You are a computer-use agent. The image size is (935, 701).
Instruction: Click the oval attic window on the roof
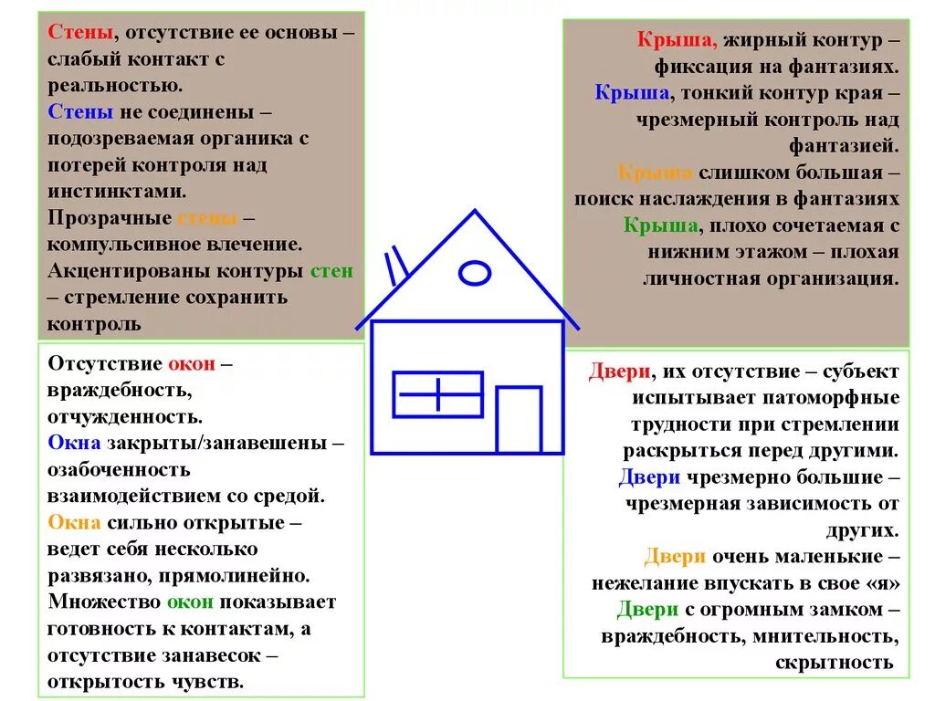click(474, 272)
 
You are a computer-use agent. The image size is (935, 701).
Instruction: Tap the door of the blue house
click(519, 420)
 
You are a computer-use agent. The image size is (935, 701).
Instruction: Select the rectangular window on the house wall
click(437, 394)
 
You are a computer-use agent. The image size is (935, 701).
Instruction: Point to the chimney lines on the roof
click(397, 264)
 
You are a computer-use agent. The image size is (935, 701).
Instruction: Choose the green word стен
click(331, 271)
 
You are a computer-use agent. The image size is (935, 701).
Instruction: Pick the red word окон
click(192, 364)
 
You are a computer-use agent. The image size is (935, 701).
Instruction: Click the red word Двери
click(620, 371)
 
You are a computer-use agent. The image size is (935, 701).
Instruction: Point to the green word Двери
click(647, 610)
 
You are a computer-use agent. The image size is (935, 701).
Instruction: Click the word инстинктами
click(117, 192)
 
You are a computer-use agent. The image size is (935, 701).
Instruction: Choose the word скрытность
click(835, 663)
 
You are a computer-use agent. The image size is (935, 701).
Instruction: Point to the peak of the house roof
click(474, 213)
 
